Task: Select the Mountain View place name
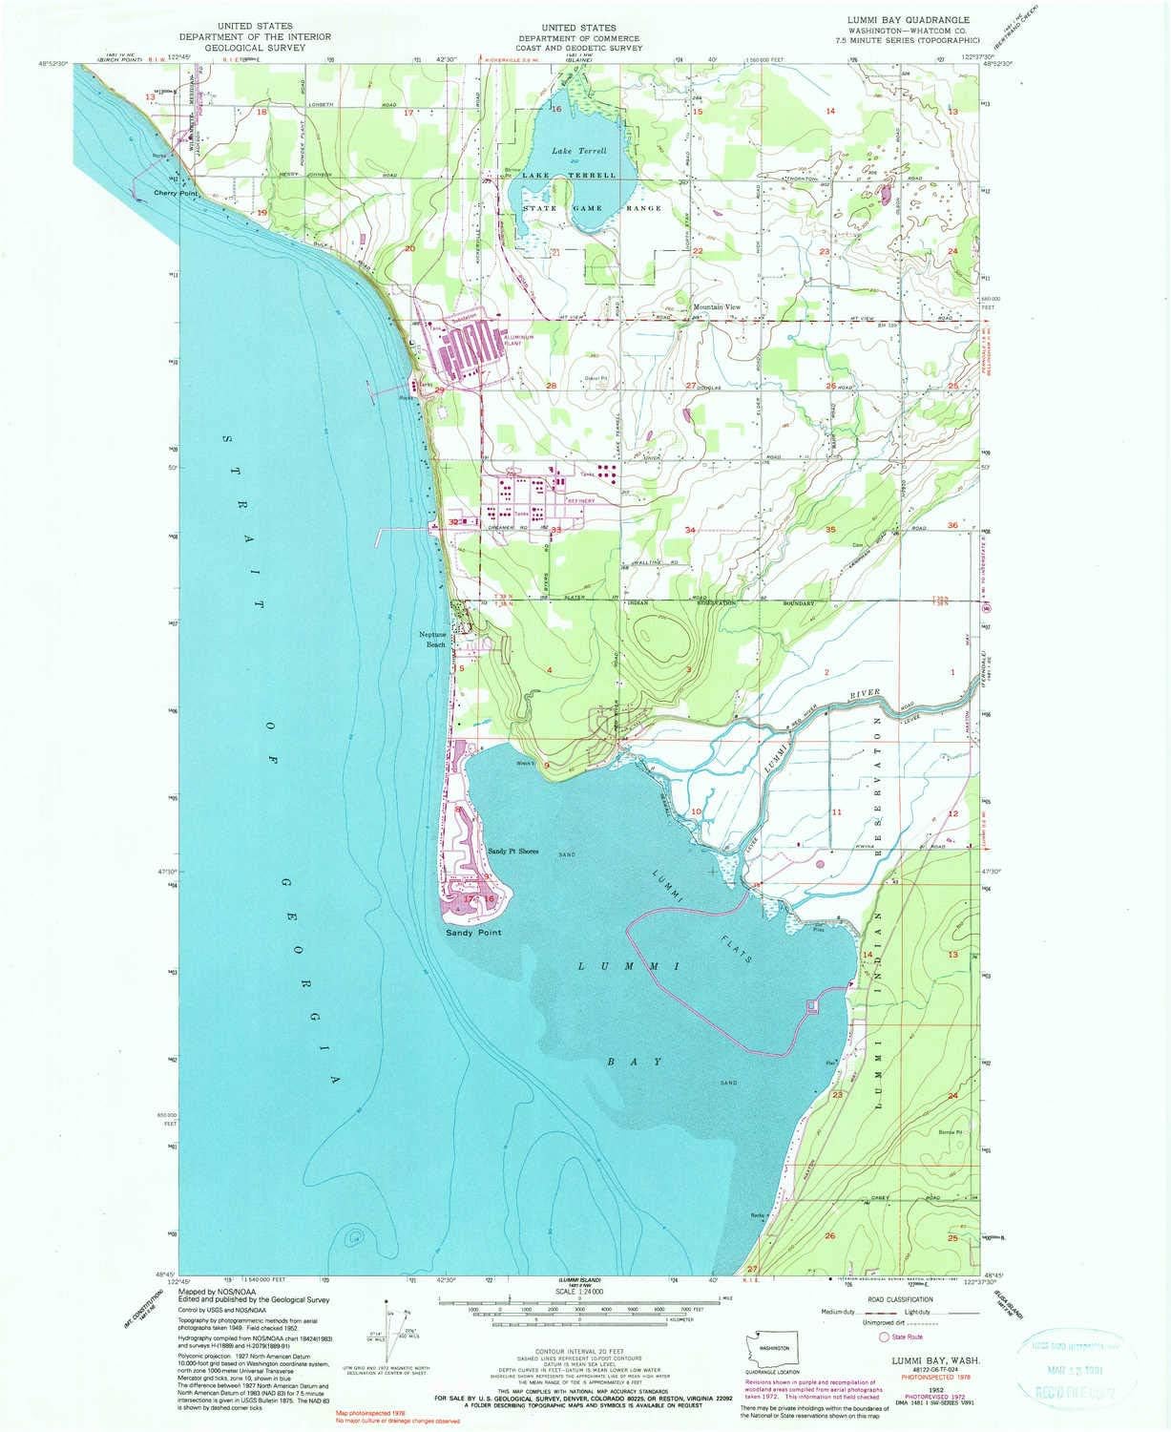pos(716,307)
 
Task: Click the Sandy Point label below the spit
pos(473,932)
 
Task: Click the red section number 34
pos(690,529)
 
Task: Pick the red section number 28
pos(551,386)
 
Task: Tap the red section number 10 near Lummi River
pos(697,811)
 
